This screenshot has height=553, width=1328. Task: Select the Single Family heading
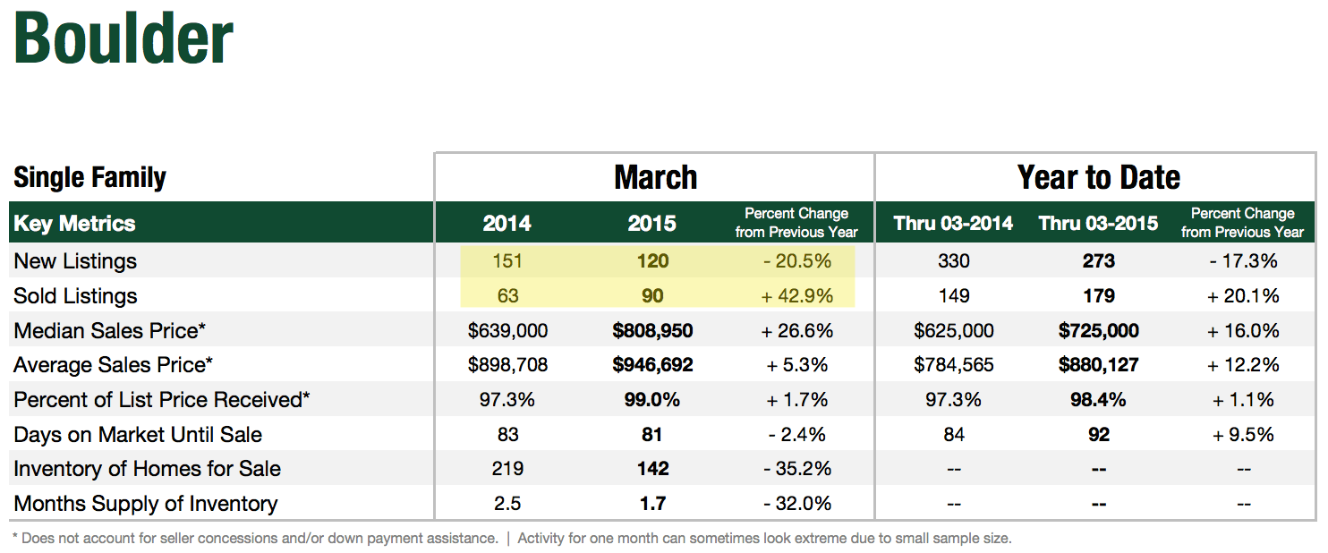[x=89, y=177]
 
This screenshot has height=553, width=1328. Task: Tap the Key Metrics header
[x=74, y=223]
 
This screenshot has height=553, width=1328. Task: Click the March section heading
[x=655, y=177]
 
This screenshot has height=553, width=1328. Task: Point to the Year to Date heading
[x=1098, y=177]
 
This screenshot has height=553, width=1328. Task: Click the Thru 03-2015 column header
[x=1098, y=223]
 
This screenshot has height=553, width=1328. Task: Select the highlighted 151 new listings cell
[x=507, y=261]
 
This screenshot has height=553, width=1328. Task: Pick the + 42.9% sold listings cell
[x=796, y=296]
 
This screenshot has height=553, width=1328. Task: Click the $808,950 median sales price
[x=652, y=331]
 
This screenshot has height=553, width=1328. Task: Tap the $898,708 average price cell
[x=507, y=365]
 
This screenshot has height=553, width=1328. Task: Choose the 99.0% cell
[x=652, y=400]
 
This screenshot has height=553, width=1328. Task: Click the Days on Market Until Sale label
[x=138, y=435]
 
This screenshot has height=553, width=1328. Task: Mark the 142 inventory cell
[x=652, y=469]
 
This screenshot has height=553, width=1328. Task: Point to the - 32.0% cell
[x=796, y=504]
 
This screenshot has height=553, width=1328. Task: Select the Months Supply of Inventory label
[x=146, y=504]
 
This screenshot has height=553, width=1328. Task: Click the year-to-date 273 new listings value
[x=1098, y=261]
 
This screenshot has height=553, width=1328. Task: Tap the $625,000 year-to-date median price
[x=953, y=331]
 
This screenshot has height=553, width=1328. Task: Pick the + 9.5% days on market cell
[x=1242, y=435]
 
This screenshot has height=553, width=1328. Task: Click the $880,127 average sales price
[x=1098, y=365]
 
